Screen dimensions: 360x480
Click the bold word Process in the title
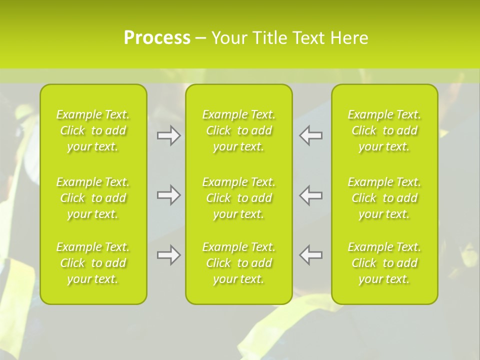coord(157,38)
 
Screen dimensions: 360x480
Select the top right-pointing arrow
coord(169,135)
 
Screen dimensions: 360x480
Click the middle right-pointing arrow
coord(169,195)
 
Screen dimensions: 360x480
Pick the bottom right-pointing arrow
coord(169,255)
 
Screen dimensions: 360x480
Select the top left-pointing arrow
coord(311,135)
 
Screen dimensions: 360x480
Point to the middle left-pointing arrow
coord(311,195)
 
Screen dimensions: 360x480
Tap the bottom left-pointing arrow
coord(311,255)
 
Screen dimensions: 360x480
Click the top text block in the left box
coord(93,130)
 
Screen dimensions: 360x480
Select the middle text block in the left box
coord(93,198)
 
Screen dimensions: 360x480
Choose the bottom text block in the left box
coord(93,263)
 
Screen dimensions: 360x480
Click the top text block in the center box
coord(239,130)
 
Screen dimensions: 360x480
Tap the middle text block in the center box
coord(239,198)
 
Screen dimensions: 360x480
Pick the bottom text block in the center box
coord(239,263)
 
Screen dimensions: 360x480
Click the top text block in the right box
coord(384,130)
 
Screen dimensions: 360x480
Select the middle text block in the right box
coord(384,198)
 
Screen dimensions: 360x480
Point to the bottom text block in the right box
coord(384,263)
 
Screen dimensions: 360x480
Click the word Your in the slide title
coord(228,38)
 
